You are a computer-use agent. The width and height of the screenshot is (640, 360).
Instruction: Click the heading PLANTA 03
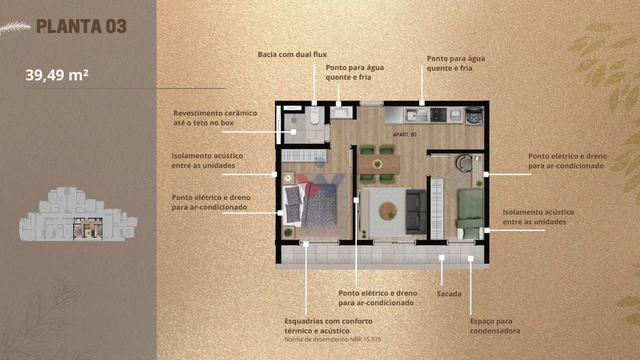tap(81, 26)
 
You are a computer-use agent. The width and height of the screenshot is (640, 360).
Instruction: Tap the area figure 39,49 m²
tap(57, 75)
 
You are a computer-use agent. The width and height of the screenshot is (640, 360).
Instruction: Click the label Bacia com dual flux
tap(292, 54)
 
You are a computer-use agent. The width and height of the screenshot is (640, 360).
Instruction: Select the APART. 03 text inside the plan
tap(404, 134)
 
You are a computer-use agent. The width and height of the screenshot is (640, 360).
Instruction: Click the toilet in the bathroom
tap(314, 116)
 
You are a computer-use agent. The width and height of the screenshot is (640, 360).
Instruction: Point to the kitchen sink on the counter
tap(416, 116)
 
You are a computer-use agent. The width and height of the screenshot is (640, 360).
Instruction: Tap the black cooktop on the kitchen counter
tap(438, 115)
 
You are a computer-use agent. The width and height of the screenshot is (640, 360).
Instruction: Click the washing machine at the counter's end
tap(474, 116)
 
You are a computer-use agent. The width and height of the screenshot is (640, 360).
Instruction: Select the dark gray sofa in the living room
tap(416, 211)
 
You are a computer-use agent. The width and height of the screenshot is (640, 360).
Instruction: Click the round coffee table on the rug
tap(387, 211)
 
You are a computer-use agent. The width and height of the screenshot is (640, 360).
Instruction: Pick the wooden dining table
tap(379, 164)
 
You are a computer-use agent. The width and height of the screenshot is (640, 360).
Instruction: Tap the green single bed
tap(469, 214)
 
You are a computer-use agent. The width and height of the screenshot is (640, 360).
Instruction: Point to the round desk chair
tap(464, 163)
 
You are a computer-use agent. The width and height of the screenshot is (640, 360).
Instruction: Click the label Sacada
tap(449, 294)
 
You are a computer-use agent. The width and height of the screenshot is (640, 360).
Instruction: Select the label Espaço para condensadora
tap(495, 326)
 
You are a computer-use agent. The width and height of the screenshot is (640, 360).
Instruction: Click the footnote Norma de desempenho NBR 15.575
tap(332, 339)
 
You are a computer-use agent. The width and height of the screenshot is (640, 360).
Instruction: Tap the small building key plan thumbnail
tap(78, 214)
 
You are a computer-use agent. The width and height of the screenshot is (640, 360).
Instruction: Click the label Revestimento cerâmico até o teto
tap(215, 117)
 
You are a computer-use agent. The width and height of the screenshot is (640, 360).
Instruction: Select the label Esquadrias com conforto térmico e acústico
tap(329, 326)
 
